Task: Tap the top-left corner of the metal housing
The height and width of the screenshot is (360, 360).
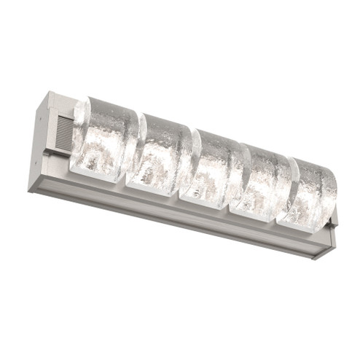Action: pos(50,93)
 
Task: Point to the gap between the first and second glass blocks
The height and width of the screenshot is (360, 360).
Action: pos(132,149)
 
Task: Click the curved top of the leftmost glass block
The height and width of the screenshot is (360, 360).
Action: pos(109,102)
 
